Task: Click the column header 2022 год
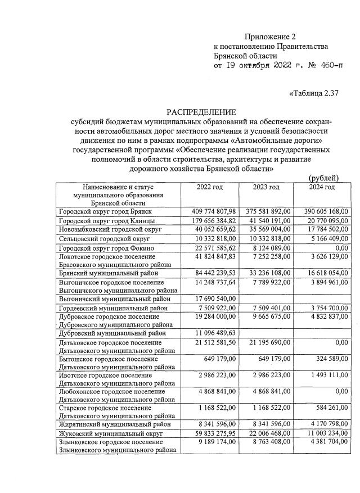click(210, 187)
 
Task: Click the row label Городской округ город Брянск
click(106, 211)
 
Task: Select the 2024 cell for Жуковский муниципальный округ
click(325, 434)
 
